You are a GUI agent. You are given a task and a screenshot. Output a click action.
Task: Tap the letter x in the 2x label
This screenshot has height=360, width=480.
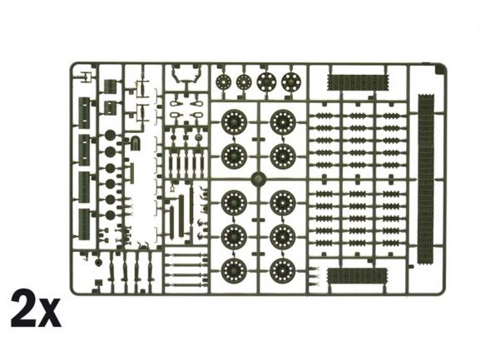(x=50, y=313)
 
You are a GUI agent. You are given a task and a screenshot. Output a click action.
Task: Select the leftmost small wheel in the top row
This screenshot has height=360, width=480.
(x=223, y=81)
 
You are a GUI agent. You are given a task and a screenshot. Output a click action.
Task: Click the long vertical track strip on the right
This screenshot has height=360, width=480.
(x=426, y=179)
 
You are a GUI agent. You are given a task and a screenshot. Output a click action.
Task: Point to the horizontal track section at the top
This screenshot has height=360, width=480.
(x=358, y=82)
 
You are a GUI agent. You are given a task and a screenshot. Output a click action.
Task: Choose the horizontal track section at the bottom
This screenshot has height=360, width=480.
(x=357, y=276)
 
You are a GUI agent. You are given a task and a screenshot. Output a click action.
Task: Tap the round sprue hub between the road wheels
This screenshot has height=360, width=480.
(x=259, y=179)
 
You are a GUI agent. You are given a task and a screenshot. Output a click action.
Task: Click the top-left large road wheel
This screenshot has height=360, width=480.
(x=234, y=122)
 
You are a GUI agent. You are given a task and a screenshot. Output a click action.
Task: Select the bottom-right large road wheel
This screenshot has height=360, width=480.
(x=283, y=271)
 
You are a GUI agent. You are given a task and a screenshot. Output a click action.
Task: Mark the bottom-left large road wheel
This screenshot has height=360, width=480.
(x=234, y=271)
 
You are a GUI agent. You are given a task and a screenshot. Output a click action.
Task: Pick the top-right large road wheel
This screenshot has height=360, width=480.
(x=283, y=122)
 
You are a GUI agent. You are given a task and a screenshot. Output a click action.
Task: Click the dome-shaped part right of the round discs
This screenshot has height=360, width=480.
(x=136, y=144)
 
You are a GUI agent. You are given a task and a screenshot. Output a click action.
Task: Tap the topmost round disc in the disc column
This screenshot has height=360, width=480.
(x=110, y=135)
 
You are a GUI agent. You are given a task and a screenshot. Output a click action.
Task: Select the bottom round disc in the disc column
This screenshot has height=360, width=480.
(x=110, y=215)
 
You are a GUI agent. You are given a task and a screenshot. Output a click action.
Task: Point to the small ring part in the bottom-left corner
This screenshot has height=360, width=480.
(x=98, y=263)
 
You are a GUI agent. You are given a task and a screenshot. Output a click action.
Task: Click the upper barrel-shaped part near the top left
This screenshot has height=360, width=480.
(x=110, y=86)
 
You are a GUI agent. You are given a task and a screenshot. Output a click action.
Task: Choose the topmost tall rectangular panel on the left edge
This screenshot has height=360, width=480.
(x=84, y=113)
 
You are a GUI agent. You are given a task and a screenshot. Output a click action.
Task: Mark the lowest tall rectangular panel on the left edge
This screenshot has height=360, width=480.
(x=84, y=224)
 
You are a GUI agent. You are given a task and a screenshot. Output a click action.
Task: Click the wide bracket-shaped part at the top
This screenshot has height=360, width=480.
(x=186, y=75)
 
